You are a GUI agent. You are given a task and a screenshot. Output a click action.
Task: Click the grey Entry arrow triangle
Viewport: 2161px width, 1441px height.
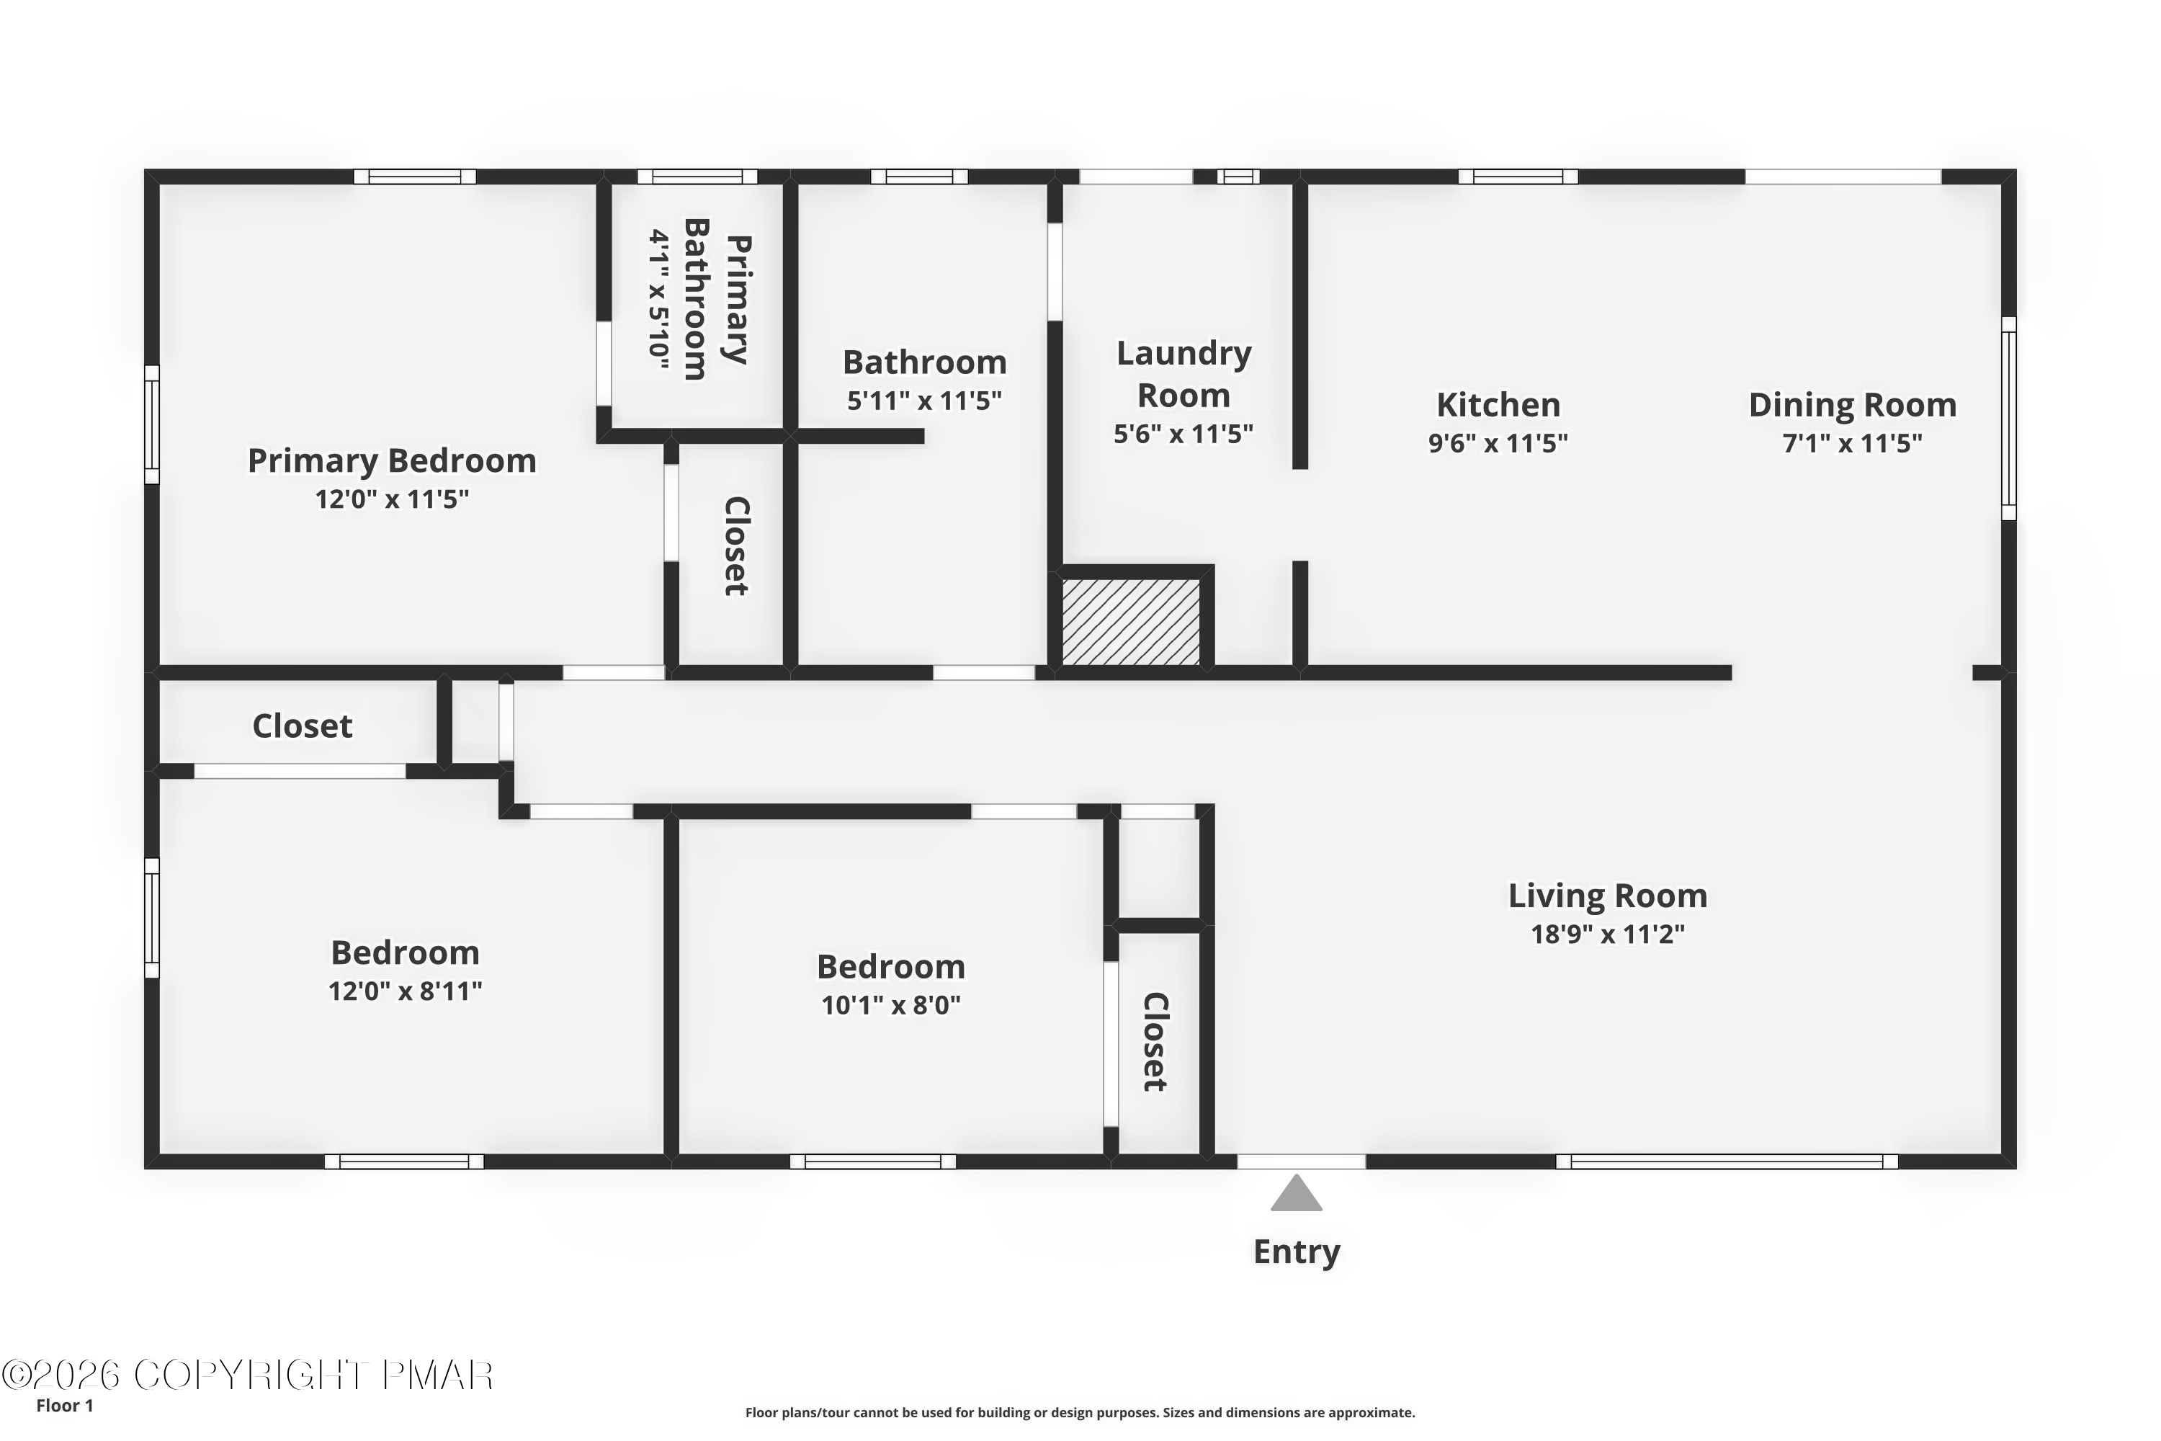click(x=1297, y=1195)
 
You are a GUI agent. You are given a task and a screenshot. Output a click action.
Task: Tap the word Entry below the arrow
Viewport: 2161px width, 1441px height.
click(x=1297, y=1252)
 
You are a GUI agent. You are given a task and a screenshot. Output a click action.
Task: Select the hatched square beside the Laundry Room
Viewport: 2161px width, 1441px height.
click(x=1131, y=621)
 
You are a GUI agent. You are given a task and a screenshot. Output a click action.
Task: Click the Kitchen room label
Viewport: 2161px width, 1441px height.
click(x=1498, y=404)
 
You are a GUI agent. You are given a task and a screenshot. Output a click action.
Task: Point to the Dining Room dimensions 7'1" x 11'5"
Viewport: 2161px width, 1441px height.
click(x=1852, y=444)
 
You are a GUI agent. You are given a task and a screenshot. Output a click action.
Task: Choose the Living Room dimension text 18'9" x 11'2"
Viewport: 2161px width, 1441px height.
click(x=1607, y=934)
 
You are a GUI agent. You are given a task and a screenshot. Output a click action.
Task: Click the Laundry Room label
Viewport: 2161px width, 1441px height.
click(x=1184, y=374)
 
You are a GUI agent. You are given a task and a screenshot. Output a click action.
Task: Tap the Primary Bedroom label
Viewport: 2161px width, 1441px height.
click(x=393, y=460)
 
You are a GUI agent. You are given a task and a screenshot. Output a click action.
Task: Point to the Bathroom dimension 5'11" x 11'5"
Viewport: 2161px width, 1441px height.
click(x=924, y=401)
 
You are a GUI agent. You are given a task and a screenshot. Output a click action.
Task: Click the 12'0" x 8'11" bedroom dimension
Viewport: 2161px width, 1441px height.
click(x=405, y=991)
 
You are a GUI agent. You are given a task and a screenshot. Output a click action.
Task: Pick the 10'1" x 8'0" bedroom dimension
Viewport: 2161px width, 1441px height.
click(x=890, y=1005)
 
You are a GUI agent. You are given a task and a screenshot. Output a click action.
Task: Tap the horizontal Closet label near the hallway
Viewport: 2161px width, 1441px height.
click(x=303, y=726)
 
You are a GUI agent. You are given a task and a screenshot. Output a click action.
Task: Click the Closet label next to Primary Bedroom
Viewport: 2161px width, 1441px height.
click(x=737, y=546)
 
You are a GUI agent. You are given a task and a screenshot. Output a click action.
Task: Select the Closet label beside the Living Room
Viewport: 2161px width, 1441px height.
click(x=1155, y=1041)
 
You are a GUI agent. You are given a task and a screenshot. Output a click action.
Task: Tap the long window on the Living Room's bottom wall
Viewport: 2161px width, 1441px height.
click(x=1727, y=1161)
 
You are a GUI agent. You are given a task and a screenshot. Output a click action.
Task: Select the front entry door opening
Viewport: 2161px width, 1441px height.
click(x=1301, y=1161)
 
